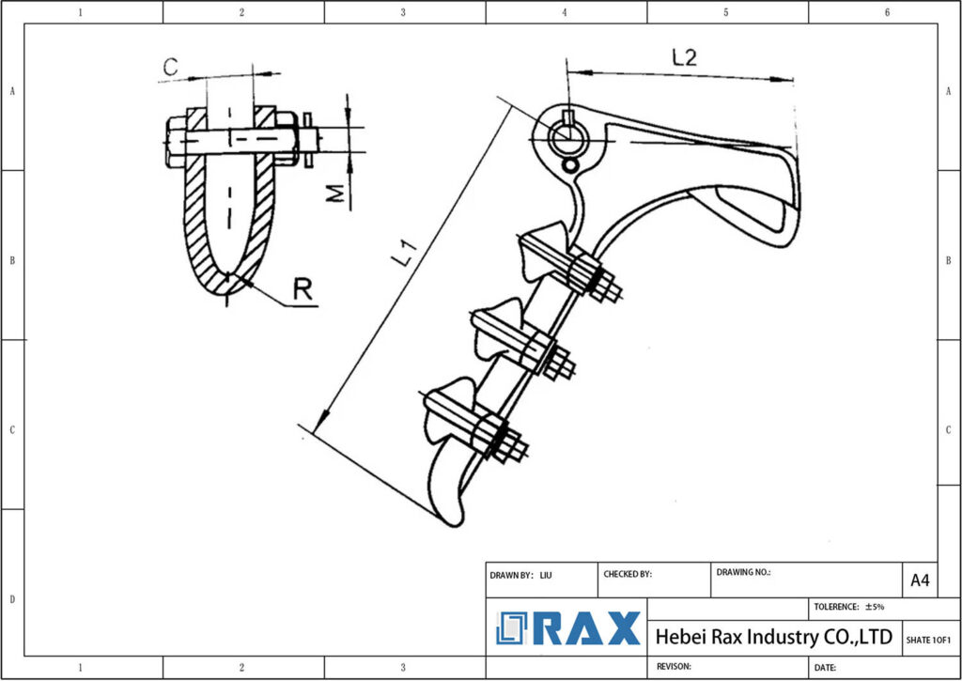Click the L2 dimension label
(x=684, y=57)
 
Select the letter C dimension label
(x=170, y=66)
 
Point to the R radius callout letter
(x=303, y=289)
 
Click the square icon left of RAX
(x=513, y=628)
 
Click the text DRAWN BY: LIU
(x=520, y=574)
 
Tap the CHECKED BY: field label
(x=627, y=574)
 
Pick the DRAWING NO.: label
(x=743, y=571)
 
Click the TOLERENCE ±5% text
(x=849, y=607)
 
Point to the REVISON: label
(x=674, y=666)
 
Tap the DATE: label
(x=826, y=667)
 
